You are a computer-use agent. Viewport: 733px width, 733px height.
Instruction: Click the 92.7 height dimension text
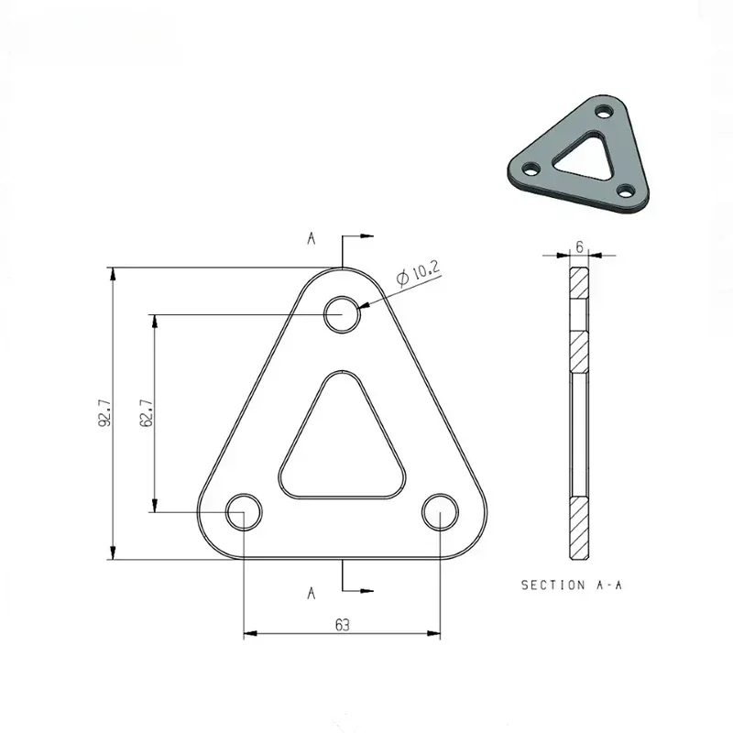pyautogui.click(x=105, y=413)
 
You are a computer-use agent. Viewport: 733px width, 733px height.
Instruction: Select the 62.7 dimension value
pyautogui.click(x=146, y=413)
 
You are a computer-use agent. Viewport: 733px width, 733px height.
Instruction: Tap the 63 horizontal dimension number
pyautogui.click(x=342, y=625)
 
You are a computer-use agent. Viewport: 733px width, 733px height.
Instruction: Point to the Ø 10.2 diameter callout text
pyautogui.click(x=418, y=273)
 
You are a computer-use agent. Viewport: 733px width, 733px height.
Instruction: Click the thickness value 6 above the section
pyautogui.click(x=580, y=246)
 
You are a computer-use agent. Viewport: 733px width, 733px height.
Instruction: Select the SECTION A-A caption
pyautogui.click(x=572, y=585)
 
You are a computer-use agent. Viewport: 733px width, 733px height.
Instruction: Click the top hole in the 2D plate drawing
pyautogui.click(x=343, y=314)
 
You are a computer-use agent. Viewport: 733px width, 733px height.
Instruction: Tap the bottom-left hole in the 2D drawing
pyautogui.click(x=244, y=512)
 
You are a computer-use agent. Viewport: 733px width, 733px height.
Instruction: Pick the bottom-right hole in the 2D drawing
pyautogui.click(x=441, y=512)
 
